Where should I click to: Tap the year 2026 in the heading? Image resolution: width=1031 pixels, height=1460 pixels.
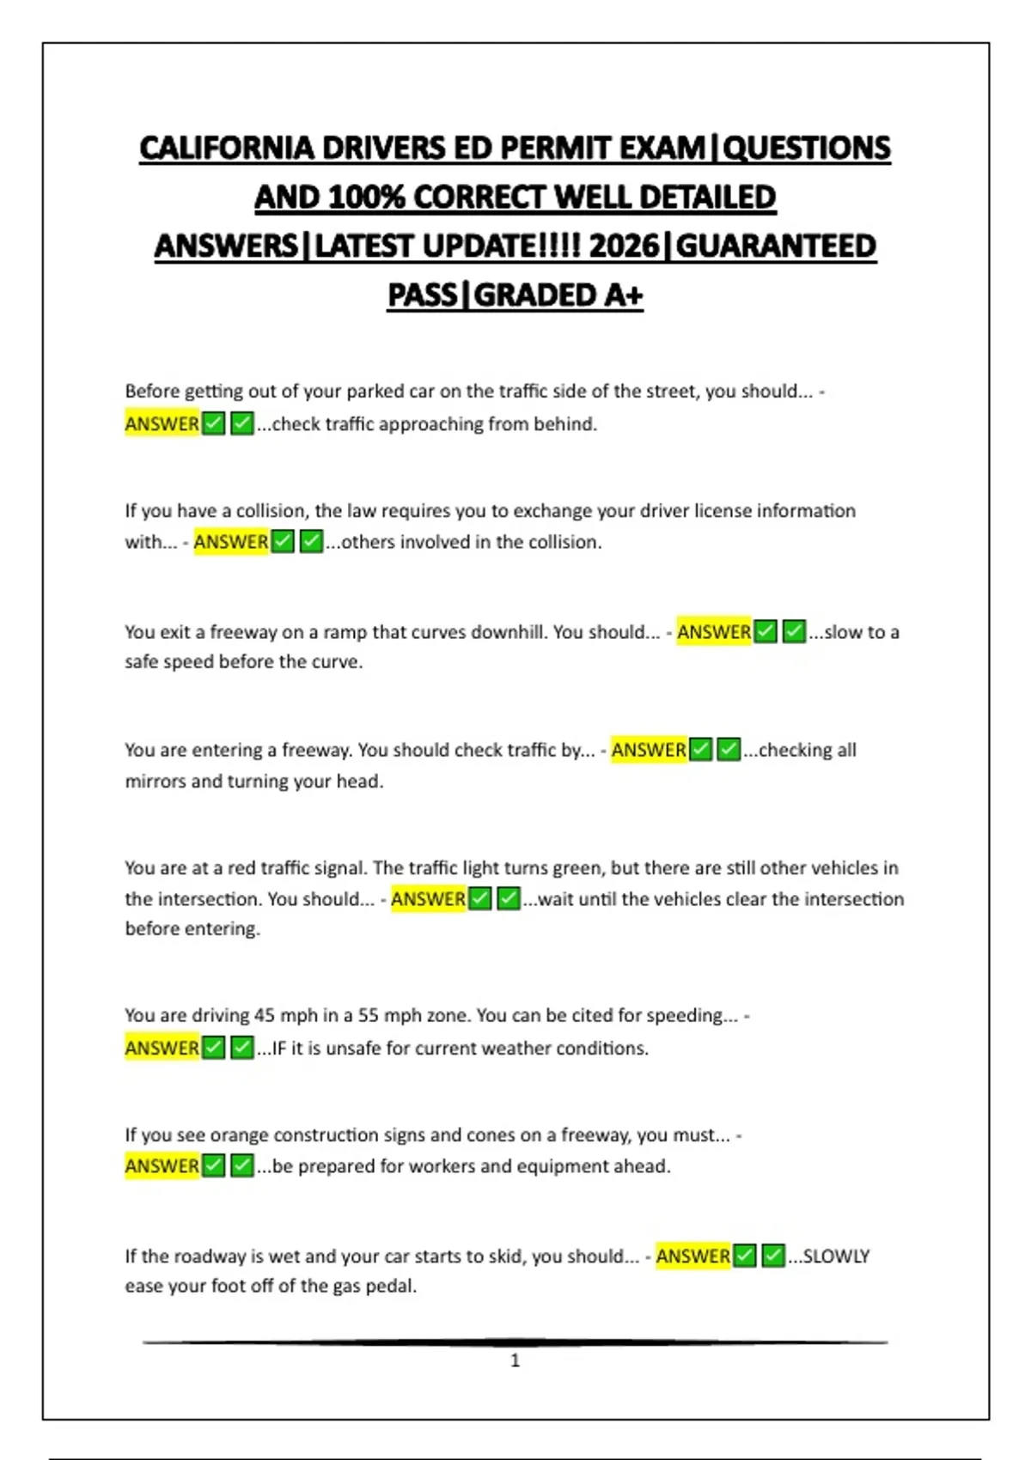(625, 246)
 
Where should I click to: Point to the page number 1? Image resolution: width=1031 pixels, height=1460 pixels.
(515, 1360)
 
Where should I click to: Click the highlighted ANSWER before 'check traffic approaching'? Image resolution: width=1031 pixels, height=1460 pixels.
(162, 424)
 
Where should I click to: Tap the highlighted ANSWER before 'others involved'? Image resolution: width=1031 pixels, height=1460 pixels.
(230, 543)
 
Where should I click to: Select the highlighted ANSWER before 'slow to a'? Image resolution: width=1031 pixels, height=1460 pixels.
(713, 633)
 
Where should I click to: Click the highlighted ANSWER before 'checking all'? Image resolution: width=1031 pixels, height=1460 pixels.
(648, 751)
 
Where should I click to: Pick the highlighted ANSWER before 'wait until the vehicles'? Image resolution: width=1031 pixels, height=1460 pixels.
(428, 899)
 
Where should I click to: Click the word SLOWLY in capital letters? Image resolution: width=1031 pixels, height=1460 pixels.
(836, 1256)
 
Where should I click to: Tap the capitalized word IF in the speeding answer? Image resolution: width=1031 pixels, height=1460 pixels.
(279, 1049)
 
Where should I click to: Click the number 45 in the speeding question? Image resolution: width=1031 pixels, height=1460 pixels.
(264, 1016)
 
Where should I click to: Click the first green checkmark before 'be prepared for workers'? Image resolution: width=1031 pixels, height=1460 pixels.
(214, 1166)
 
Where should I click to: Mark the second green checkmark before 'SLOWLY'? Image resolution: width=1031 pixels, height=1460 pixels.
(773, 1256)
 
